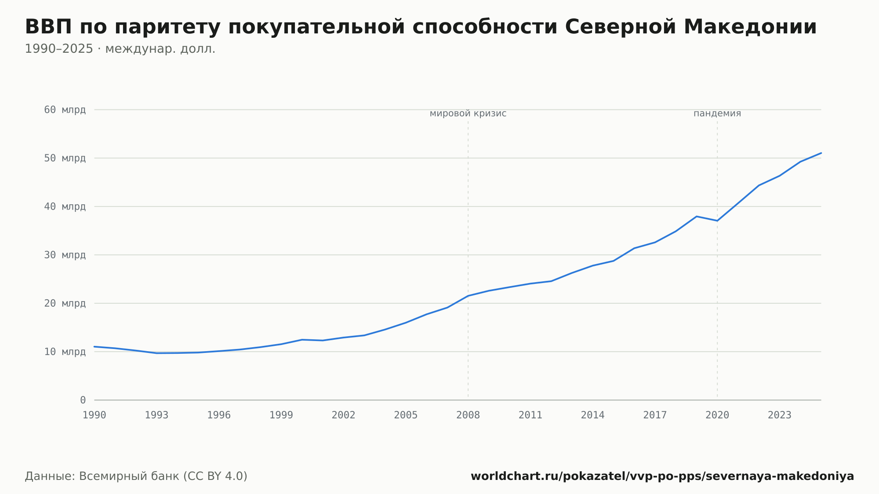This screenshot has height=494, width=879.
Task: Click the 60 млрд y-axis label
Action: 65,109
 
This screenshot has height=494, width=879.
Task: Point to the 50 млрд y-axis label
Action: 65,158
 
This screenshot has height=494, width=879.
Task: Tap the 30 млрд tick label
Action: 65,255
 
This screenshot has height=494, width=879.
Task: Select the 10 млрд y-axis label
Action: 65,352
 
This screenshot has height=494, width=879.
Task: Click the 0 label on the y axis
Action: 83,400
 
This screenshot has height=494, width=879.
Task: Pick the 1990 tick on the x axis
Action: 94,415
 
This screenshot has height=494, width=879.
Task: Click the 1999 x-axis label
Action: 281,415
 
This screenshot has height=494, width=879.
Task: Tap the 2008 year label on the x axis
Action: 468,415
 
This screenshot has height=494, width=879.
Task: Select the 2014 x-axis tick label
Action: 593,415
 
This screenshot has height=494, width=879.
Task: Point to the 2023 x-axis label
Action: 780,415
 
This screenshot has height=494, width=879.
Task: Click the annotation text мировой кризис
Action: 468,113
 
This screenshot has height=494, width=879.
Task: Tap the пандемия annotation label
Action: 717,113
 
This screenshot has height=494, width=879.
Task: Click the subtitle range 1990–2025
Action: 59,49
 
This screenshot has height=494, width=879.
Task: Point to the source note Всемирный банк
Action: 129,476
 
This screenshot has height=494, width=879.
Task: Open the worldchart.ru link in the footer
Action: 662,476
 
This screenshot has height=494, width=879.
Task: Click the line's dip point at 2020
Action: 717,221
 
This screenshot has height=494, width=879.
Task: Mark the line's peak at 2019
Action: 697,216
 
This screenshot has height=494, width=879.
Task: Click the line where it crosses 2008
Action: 468,296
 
